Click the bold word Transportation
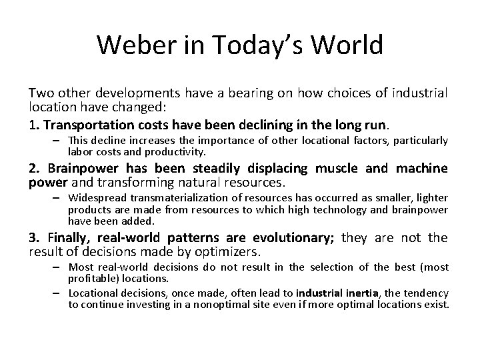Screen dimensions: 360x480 82,124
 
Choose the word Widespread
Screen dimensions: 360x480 99,198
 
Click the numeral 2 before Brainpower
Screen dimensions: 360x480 32,169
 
